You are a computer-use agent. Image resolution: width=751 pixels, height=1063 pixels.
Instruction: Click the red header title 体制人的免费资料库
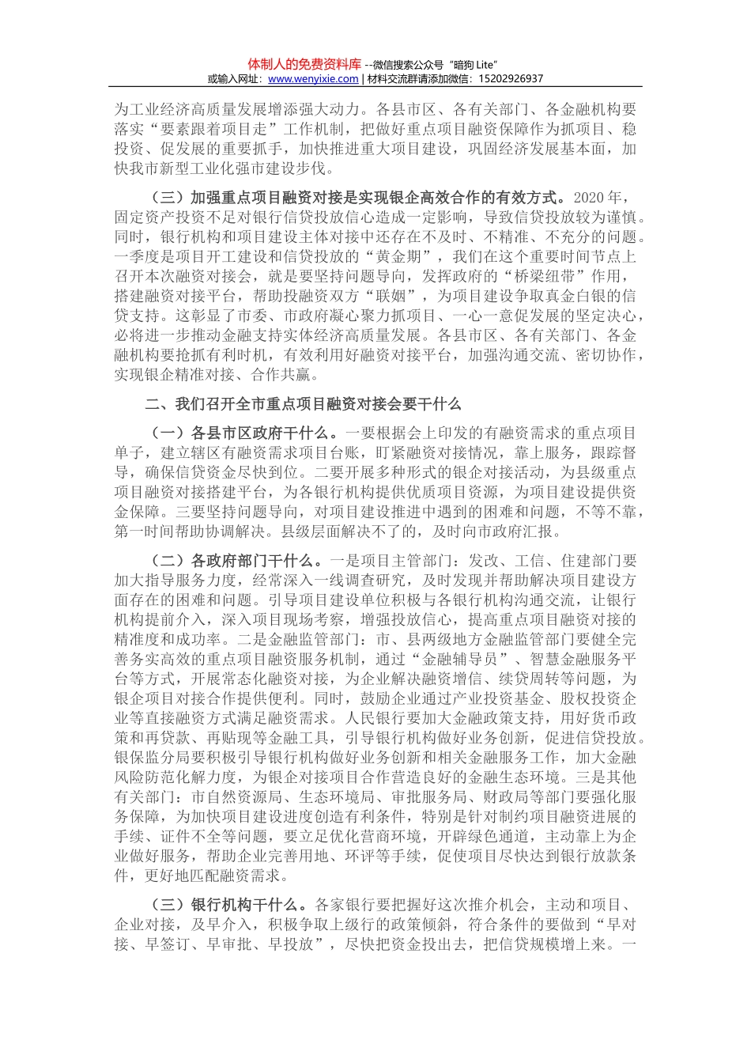(x=304, y=64)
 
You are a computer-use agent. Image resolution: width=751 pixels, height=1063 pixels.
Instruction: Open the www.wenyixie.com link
(x=313, y=79)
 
